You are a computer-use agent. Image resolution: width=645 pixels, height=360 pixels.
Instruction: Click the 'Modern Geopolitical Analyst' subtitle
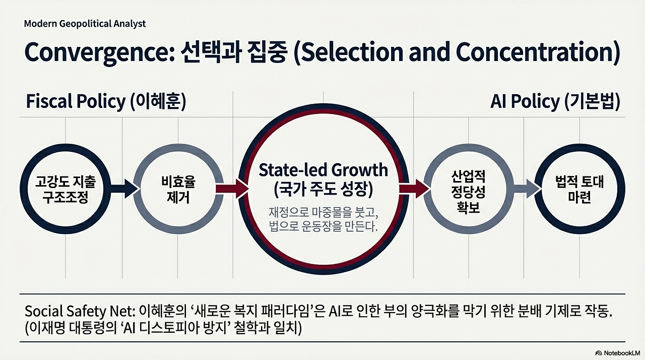(85, 24)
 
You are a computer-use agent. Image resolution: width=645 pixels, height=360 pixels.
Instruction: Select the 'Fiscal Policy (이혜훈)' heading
(106, 101)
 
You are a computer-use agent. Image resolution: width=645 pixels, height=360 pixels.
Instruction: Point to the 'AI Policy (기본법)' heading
(555, 101)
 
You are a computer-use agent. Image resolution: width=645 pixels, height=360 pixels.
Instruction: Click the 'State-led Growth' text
(323, 170)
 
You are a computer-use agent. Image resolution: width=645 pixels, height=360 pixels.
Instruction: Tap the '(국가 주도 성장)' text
(323, 190)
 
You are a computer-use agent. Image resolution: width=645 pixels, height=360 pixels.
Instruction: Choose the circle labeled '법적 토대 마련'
(579, 189)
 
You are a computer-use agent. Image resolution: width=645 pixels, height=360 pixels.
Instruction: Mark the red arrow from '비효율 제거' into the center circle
(232, 189)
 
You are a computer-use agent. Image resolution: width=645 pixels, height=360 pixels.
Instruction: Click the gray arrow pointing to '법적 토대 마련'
(524, 189)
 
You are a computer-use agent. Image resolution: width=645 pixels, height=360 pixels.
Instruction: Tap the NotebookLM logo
(617, 352)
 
